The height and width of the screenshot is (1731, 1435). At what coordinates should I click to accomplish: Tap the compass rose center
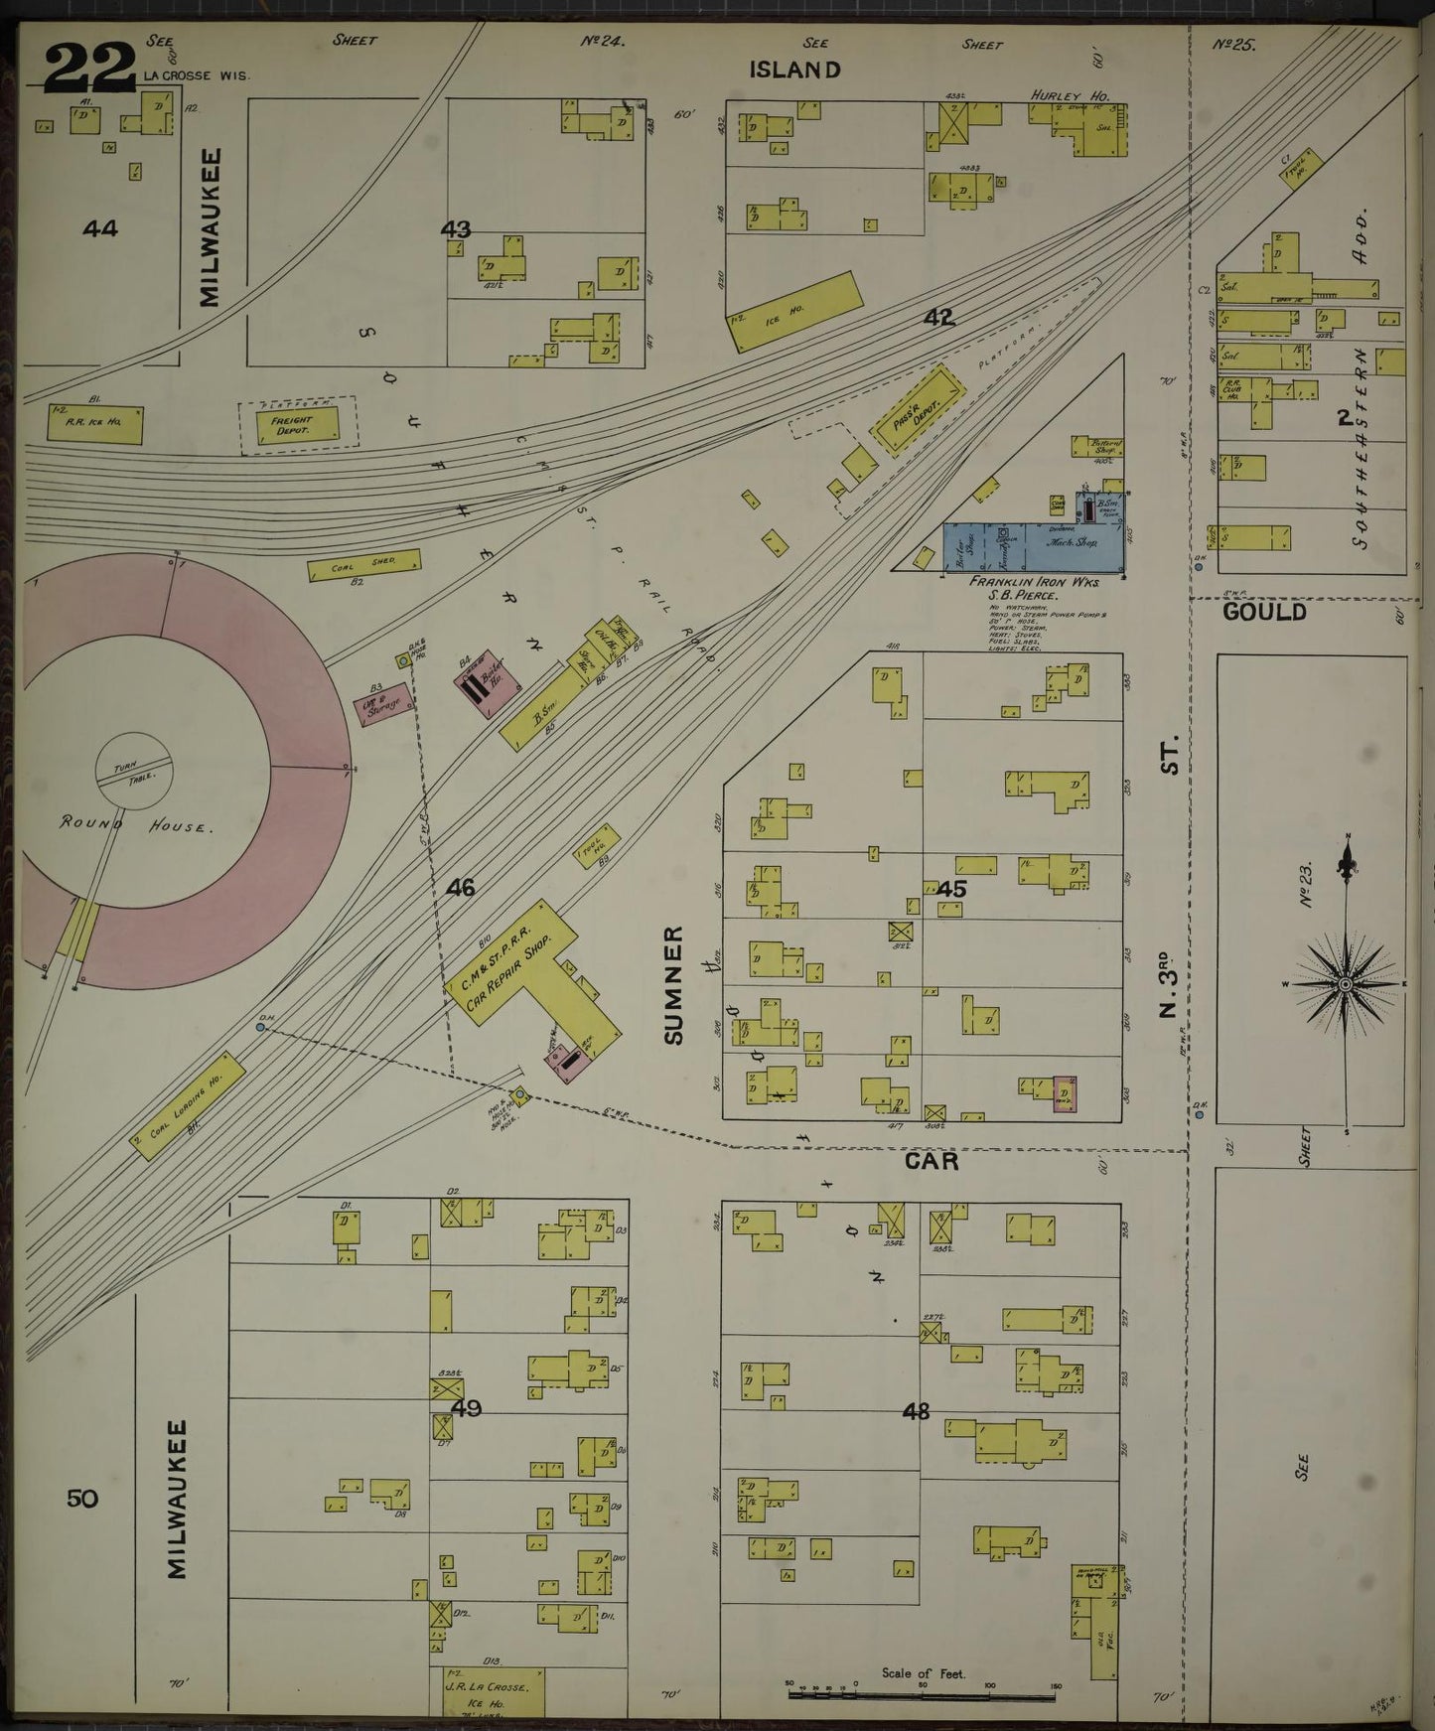pyautogui.click(x=1345, y=983)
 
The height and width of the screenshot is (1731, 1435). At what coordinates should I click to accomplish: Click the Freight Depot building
pyautogui.click(x=290, y=425)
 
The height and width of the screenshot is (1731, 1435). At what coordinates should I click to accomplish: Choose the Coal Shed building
pyautogui.click(x=363, y=565)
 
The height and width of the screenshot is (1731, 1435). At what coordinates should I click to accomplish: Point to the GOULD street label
pyautogui.click(x=1264, y=613)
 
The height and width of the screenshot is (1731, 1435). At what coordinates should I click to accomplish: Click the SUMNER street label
pyautogui.click(x=675, y=984)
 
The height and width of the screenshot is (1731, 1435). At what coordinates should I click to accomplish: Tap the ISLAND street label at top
pyautogui.click(x=794, y=70)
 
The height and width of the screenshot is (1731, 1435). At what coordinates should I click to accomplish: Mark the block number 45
pyautogui.click(x=950, y=889)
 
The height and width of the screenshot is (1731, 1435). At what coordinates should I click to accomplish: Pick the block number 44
pyautogui.click(x=100, y=228)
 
